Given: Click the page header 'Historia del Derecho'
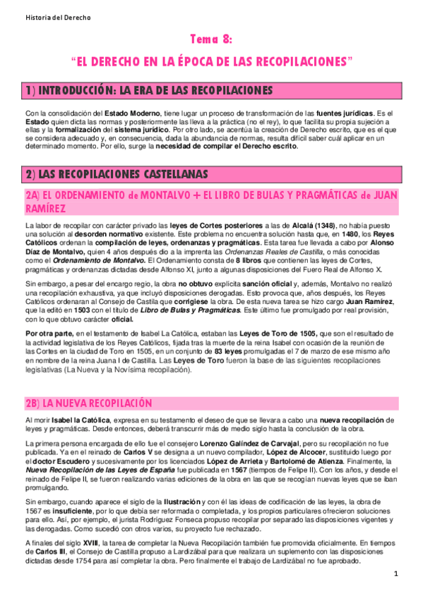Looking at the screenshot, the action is click(43, 16).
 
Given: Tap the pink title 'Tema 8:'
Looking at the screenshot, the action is click(212, 39).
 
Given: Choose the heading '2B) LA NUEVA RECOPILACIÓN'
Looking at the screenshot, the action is click(88, 403).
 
